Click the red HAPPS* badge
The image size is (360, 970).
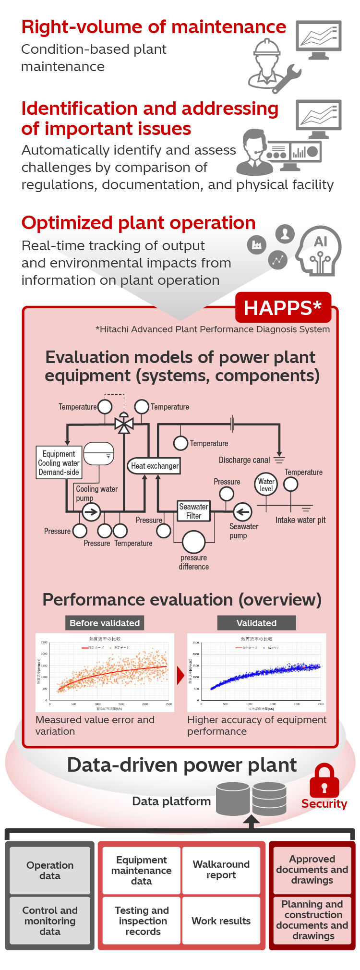point(283,307)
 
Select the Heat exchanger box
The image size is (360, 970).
point(154,466)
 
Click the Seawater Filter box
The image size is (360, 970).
point(193,511)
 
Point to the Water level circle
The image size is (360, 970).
point(266,485)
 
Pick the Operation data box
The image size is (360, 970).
point(50,870)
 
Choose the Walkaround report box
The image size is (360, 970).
point(221,869)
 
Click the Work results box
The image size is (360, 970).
point(221,921)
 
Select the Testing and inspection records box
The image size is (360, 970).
point(142,921)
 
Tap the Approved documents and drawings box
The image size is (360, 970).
point(312,869)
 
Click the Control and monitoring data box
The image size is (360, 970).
point(50,921)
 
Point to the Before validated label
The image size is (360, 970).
point(105,623)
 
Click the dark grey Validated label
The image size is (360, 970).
point(256,623)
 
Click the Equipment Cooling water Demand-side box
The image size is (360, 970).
point(59,463)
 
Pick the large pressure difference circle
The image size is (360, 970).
point(193,542)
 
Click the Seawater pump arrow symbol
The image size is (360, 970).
point(242,512)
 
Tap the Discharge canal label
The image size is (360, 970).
point(244,460)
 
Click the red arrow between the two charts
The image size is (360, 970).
point(180,675)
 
